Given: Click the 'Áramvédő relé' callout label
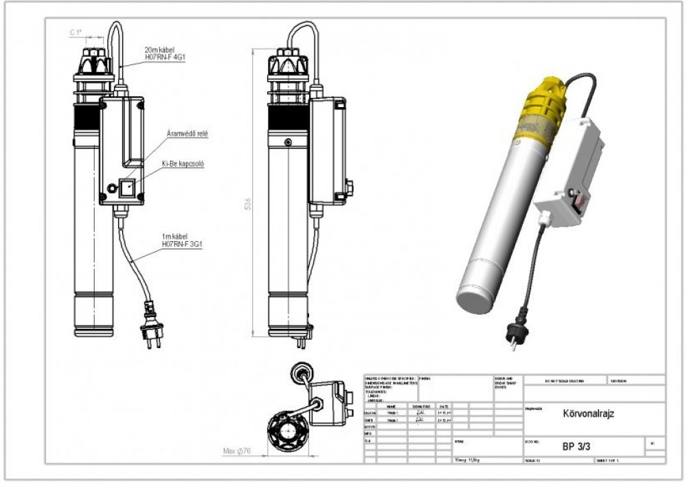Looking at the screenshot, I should [187, 133].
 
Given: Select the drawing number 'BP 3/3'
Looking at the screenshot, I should [576, 446].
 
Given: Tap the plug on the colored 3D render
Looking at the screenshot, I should [514, 335].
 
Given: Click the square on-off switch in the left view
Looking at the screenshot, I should [127, 187].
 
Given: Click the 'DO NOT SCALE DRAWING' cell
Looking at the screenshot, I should [564, 380].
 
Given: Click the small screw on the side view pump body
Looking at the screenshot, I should [287, 141].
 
